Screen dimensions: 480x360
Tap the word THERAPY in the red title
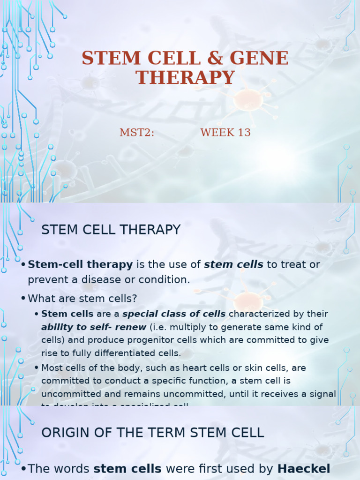click(185, 78)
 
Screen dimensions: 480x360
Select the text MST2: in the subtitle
click(137, 133)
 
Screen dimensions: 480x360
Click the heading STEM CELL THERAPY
click(111, 230)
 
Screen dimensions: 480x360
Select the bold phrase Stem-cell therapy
click(80, 264)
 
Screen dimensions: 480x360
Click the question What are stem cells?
click(82, 298)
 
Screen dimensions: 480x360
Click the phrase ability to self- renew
click(94, 327)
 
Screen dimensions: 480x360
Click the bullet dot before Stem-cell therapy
click(23, 265)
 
